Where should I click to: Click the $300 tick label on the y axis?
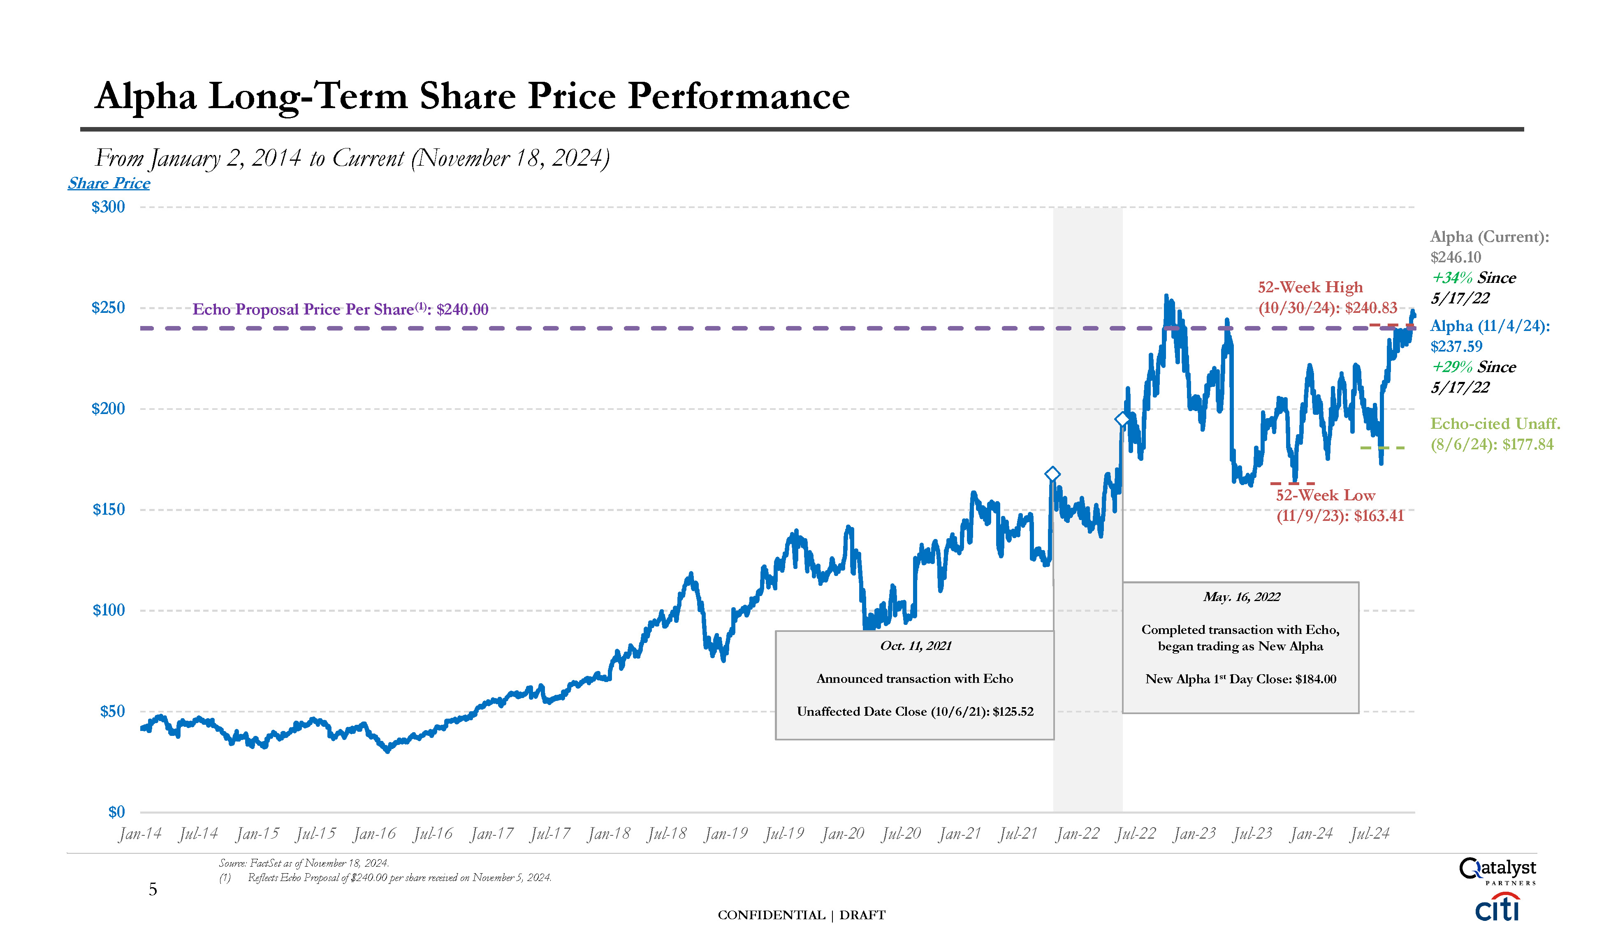[x=108, y=207]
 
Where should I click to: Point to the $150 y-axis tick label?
[x=108, y=509]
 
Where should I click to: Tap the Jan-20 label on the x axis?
[x=843, y=833]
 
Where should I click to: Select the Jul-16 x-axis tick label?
[x=433, y=833]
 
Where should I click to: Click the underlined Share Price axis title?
[x=109, y=184]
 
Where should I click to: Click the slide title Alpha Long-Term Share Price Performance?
[x=472, y=97]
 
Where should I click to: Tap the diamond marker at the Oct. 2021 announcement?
[x=1052, y=474]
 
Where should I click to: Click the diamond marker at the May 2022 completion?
[x=1122, y=419]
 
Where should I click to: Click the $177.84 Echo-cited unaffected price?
[x=1528, y=445]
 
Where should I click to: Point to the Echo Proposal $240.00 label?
[x=341, y=310]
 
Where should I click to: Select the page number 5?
[x=153, y=889]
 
